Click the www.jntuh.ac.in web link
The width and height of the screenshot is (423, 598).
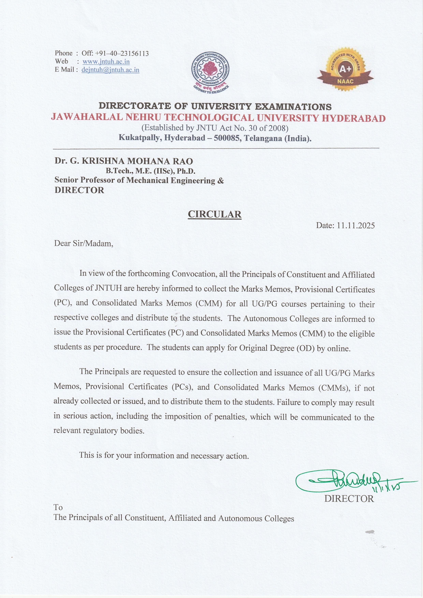pos(106,62)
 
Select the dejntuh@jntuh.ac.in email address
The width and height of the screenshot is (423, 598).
pos(110,70)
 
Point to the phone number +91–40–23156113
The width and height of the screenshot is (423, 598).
pos(122,53)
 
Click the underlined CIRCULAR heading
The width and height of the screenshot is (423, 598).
pos(215,214)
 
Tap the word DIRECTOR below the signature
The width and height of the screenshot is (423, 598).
pos(349,499)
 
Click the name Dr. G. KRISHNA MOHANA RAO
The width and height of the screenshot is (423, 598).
pos(124,161)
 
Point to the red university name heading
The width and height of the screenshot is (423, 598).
pos(218,118)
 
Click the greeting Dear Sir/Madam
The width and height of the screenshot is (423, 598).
pos(84,243)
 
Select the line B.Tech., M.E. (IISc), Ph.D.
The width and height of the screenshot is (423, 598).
pos(151,171)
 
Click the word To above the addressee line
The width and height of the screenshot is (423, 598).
pos(58,507)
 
